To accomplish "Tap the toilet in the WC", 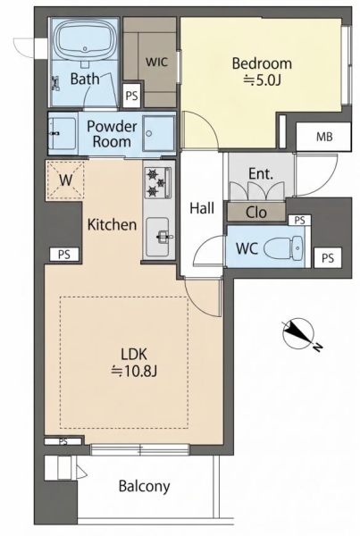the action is [x=284, y=247].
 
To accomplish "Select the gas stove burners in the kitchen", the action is [x=157, y=182].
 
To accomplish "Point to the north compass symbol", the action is [x=299, y=333].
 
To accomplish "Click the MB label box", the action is [x=323, y=137].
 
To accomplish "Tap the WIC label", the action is [x=157, y=62].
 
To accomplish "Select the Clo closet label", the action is [x=256, y=213].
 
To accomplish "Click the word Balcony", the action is [x=145, y=486].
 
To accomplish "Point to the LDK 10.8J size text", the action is [x=134, y=372].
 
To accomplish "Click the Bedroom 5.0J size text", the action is [x=262, y=80].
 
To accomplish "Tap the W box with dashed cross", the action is [x=65, y=180].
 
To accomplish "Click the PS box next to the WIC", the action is [x=131, y=96].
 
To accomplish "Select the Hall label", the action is [x=202, y=208].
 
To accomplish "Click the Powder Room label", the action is [x=112, y=134].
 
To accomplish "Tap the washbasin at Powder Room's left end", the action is [x=62, y=134].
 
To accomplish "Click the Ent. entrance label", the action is [x=261, y=173].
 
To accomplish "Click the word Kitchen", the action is [x=113, y=224].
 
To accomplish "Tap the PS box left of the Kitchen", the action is [x=64, y=255].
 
